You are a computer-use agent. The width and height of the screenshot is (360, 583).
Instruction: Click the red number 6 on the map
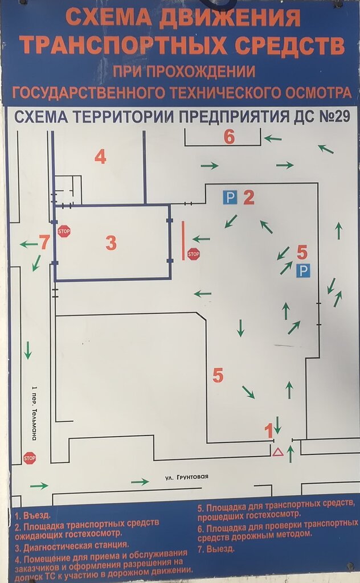click(229, 137)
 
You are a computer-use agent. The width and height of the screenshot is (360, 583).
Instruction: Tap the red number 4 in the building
click(100, 157)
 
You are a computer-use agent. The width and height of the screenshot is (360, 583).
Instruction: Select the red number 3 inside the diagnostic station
click(111, 243)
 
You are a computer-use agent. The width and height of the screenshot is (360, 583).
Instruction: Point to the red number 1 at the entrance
click(269, 431)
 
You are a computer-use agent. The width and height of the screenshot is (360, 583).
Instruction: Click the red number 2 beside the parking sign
click(248, 198)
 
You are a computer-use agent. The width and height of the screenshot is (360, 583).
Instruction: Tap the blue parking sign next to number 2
click(229, 198)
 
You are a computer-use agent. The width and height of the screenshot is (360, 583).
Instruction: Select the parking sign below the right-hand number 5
click(303, 271)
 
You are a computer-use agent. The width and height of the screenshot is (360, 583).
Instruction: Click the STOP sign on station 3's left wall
click(63, 231)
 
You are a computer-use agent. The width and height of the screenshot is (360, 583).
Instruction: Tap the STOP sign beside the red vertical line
click(194, 254)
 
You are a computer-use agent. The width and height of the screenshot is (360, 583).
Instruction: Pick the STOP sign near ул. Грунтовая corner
click(30, 457)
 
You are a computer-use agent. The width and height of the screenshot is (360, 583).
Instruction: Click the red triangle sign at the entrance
click(277, 453)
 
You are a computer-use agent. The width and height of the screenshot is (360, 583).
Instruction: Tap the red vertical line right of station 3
click(183, 240)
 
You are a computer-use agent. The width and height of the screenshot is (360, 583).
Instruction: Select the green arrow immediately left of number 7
click(28, 244)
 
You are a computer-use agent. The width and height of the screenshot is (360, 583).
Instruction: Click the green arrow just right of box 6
click(273, 138)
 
